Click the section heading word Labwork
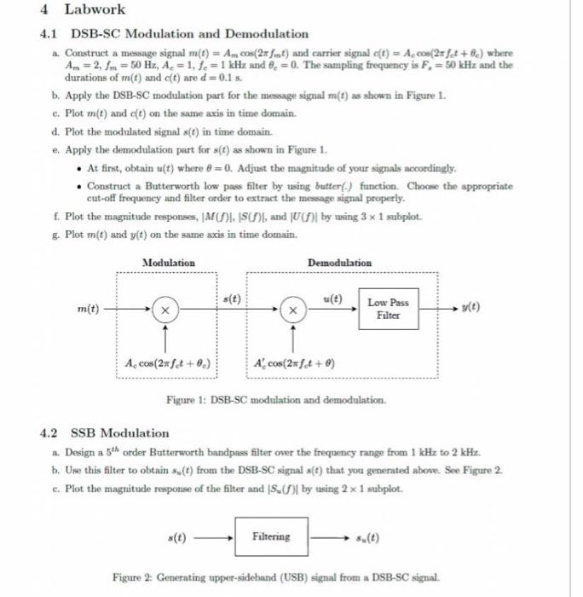pyautogui.click(x=94, y=9)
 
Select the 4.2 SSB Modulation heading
pyautogui.click(x=119, y=432)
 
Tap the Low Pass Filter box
pyautogui.click(x=388, y=309)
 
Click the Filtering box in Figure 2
pyautogui.click(x=271, y=536)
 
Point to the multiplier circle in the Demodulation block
pyautogui.click(x=292, y=309)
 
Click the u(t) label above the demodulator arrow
pyautogui.click(x=332, y=298)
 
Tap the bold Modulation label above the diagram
pyautogui.click(x=168, y=263)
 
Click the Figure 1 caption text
pyautogui.click(x=276, y=399)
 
